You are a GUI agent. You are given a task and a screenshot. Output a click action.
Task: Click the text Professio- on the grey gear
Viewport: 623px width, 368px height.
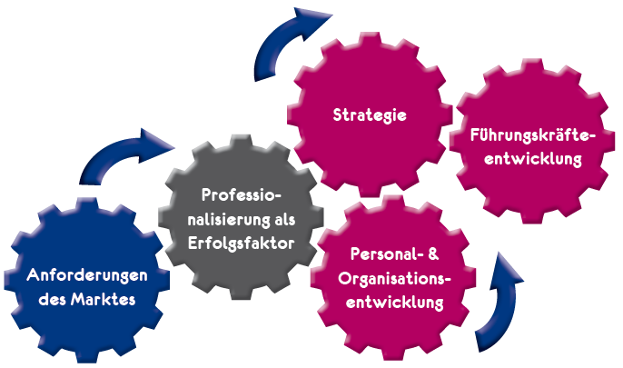pyautogui.click(x=242, y=194)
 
